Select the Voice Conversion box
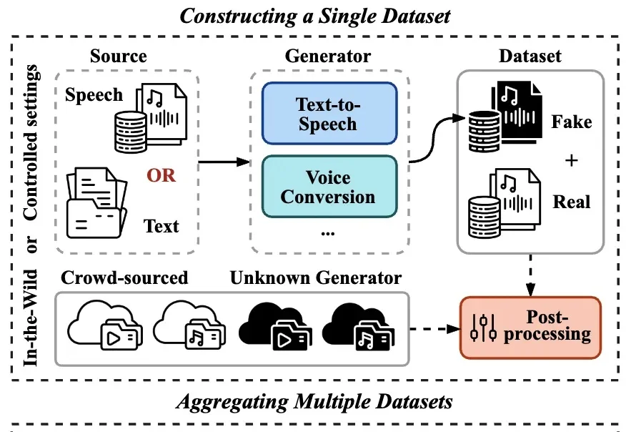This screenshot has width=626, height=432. point(328,186)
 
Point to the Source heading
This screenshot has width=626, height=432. point(119,56)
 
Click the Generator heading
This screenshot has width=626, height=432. point(328,56)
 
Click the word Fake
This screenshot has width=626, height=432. point(572,122)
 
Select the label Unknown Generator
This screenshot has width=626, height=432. point(316,278)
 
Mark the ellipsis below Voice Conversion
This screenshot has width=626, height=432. point(327,232)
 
